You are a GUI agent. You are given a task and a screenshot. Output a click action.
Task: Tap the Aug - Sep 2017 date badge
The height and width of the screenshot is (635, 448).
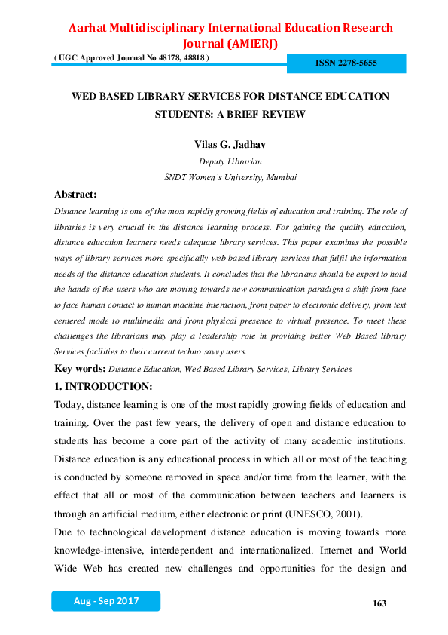click(105, 601)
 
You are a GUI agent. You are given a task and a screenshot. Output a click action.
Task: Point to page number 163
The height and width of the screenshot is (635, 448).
click(379, 603)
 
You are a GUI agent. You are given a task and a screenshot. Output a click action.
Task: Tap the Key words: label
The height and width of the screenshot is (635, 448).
click(81, 369)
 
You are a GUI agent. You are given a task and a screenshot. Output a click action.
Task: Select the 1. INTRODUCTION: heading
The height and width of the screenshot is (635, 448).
click(103, 387)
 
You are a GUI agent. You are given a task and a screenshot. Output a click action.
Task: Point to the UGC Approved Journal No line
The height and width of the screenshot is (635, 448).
click(132, 58)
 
